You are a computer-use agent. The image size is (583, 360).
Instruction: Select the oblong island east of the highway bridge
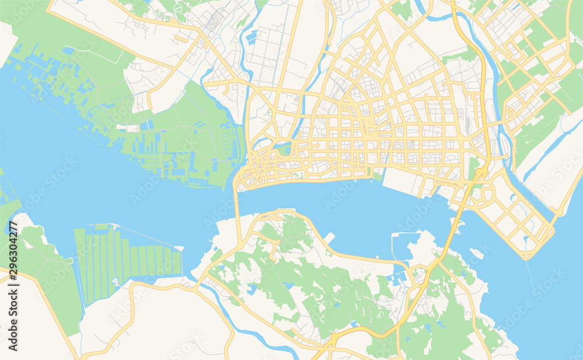(x=476, y=253)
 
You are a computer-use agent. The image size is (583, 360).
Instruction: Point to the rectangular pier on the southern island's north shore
(x=329, y=237)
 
